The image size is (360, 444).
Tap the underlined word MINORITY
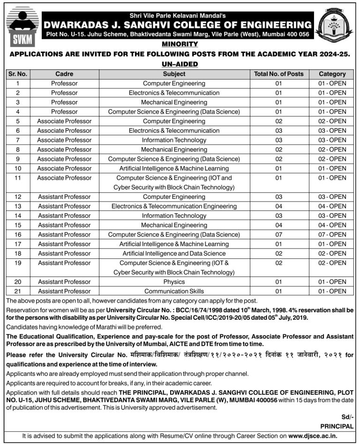180,44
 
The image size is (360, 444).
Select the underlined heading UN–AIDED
180,64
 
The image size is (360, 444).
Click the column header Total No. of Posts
278,74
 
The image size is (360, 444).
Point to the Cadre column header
64,74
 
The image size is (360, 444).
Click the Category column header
332,74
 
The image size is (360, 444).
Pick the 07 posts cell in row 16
278,234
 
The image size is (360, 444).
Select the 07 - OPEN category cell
332,234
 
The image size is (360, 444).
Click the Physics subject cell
174,282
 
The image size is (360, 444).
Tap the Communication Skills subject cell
174,291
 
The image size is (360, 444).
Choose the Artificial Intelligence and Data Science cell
174,253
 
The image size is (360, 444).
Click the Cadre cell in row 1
64,83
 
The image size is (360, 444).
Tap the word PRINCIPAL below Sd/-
337,426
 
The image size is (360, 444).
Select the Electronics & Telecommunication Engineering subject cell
174,206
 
